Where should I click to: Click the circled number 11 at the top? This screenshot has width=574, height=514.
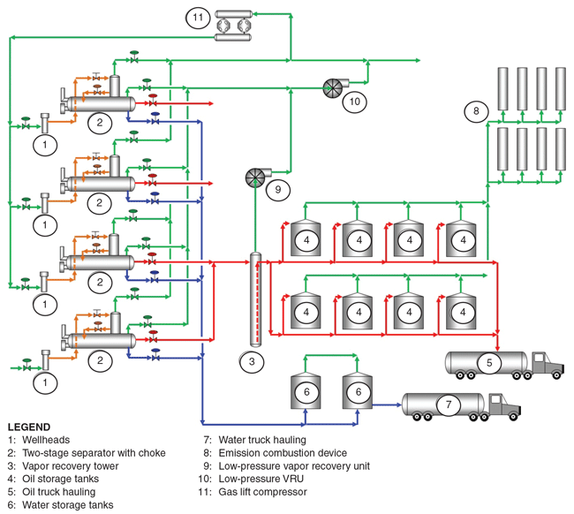coord(197,17)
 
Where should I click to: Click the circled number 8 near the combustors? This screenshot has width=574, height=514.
coord(477,111)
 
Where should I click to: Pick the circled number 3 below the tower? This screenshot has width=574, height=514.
coord(251,360)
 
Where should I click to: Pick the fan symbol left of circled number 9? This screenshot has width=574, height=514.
coord(255,177)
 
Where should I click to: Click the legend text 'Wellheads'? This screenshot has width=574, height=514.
coord(47,439)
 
